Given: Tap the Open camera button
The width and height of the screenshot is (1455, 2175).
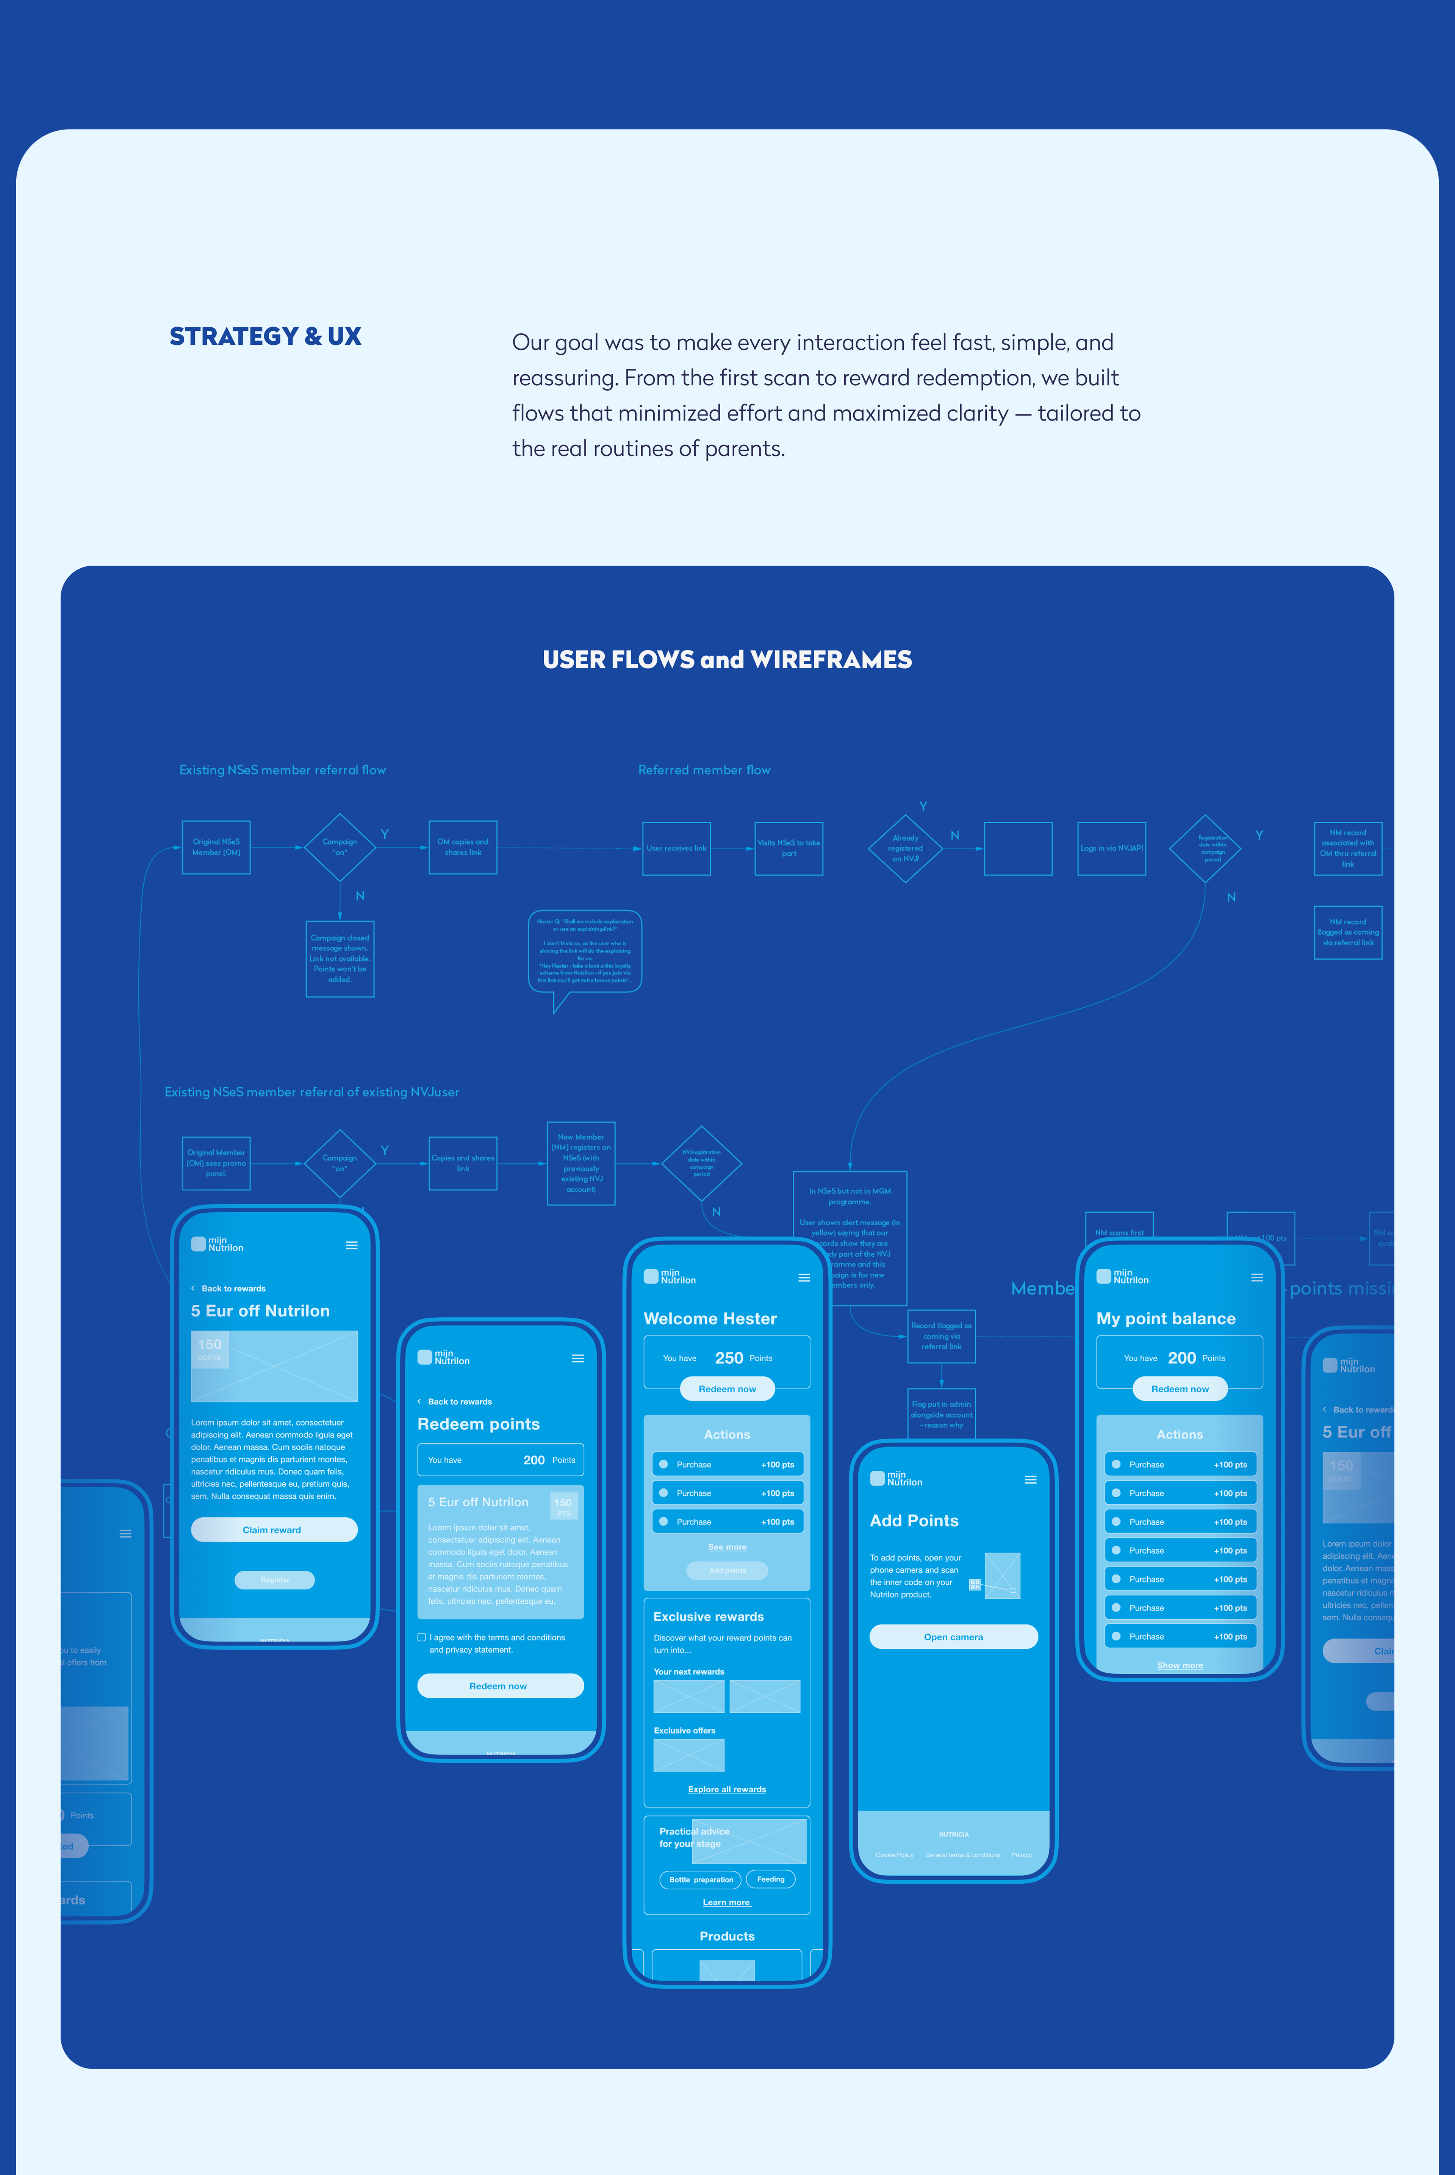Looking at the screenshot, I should tap(953, 1637).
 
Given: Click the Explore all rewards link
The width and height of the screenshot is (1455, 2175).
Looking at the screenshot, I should tap(727, 1789).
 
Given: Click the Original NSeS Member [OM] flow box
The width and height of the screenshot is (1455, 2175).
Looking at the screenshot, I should tap(216, 847).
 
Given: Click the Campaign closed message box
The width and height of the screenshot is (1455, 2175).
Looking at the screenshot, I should tap(339, 959).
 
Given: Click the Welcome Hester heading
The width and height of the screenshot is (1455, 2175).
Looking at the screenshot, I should tap(710, 1318).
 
